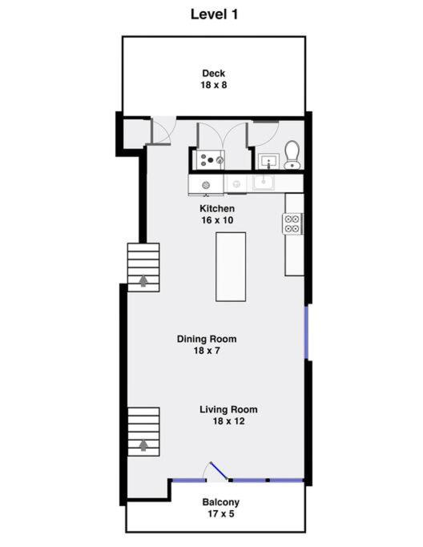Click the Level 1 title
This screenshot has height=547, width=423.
point(214,14)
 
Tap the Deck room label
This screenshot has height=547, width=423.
point(214,73)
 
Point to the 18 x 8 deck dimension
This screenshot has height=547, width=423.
point(214,85)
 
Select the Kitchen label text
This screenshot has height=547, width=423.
point(217,208)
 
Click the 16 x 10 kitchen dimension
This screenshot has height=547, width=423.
point(217,220)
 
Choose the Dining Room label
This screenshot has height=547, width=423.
point(207,339)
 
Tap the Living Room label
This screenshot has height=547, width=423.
point(228,409)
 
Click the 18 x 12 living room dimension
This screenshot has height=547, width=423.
point(228,421)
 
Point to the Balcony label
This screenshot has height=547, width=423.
point(220,502)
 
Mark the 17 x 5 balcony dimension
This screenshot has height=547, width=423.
point(220,514)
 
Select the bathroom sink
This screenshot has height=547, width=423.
point(268,161)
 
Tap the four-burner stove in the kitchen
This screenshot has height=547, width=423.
point(292,223)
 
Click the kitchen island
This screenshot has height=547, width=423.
point(231,267)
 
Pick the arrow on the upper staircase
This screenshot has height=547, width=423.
point(143,281)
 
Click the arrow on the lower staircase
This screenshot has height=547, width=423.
point(143,445)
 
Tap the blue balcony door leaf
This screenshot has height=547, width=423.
point(220,471)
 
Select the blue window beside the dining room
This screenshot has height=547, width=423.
point(306,332)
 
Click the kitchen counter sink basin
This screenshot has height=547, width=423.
point(264,183)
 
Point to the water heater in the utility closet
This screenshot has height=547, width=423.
point(210,160)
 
